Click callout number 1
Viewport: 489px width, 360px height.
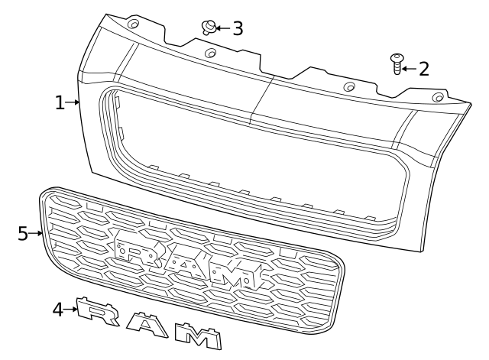[x=60, y=102]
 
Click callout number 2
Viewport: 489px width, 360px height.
[x=423, y=69]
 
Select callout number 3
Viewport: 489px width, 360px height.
[x=237, y=29]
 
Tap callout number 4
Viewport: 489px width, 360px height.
[x=58, y=310]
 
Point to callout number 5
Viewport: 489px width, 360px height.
[x=23, y=233]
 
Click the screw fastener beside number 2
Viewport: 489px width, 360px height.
[x=397, y=63]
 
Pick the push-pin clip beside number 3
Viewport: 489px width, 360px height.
[x=207, y=28]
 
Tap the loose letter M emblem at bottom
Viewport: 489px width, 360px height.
[x=197, y=334]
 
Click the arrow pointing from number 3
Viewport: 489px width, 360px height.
[x=222, y=28]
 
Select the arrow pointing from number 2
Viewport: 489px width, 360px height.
[x=408, y=69]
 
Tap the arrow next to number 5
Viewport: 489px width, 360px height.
[x=36, y=233]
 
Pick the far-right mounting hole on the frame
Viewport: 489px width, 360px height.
[x=438, y=96]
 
